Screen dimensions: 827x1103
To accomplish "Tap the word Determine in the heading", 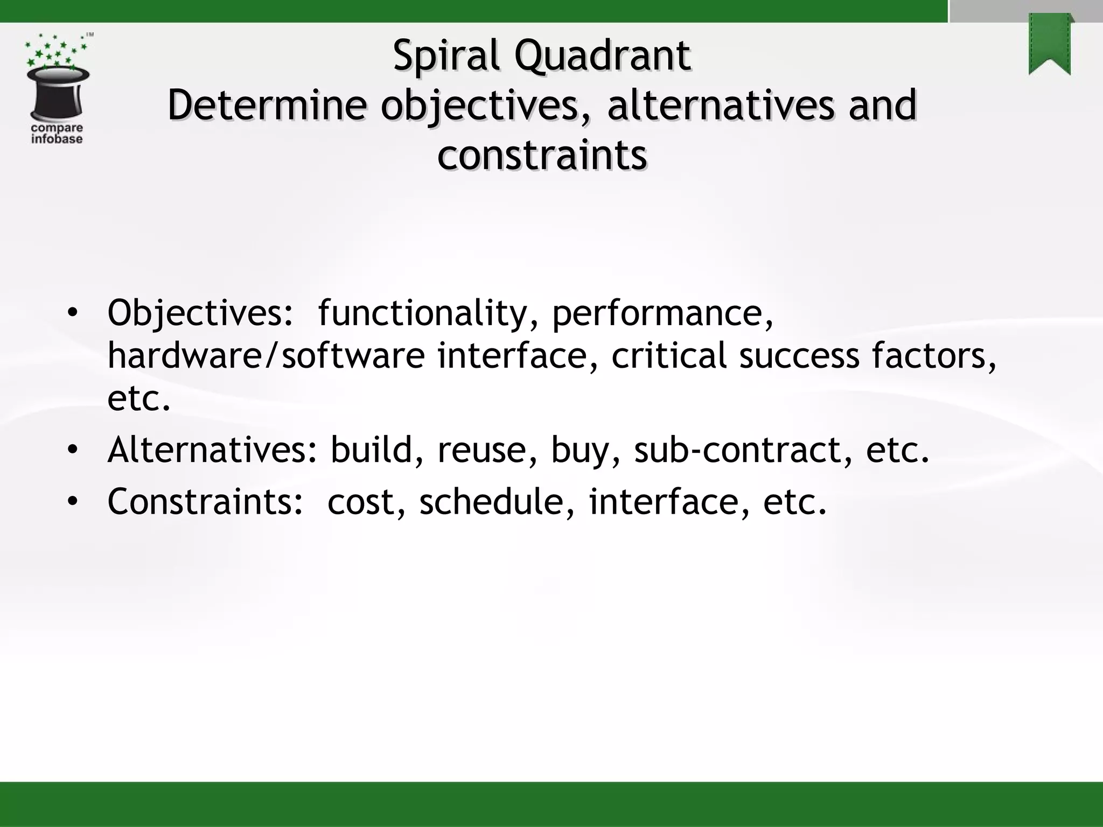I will tap(267, 106).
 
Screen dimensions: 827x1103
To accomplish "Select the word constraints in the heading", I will tap(542, 156).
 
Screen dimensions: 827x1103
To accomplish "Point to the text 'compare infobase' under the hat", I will tap(57, 134).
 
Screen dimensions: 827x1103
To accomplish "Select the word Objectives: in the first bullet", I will tap(200, 313).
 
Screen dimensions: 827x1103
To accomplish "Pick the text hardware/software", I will tap(266, 356).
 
